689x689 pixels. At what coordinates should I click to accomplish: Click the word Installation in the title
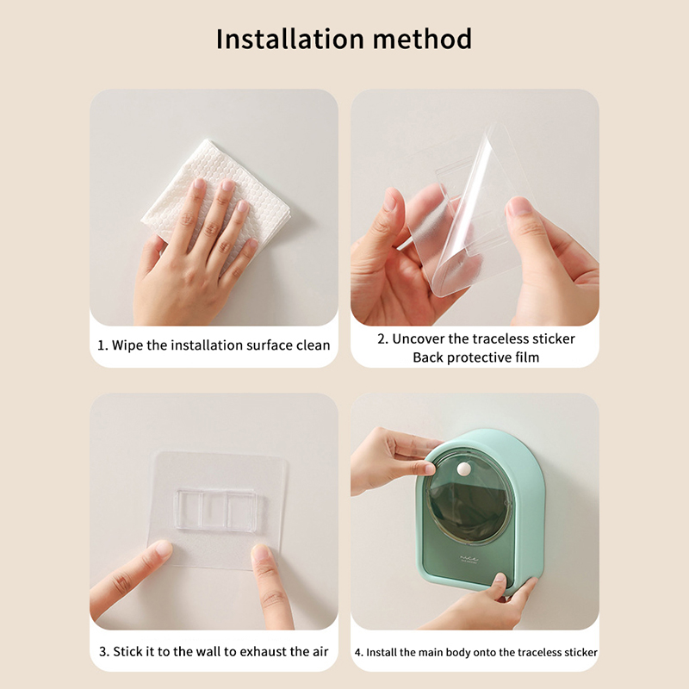click(290, 39)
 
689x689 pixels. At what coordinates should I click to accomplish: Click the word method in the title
click(422, 39)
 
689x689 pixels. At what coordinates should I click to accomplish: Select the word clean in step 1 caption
click(313, 345)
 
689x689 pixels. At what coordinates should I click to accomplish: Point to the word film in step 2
click(527, 357)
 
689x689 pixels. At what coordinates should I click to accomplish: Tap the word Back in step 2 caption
click(428, 357)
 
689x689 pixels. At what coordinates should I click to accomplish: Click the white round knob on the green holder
click(463, 469)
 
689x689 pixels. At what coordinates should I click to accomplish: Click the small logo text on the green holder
click(469, 559)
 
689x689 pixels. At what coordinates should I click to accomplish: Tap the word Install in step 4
click(381, 653)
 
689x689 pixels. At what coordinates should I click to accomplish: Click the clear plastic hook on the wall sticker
click(216, 509)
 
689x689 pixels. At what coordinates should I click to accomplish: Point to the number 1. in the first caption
click(102, 345)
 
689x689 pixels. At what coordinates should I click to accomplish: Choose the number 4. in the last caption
click(359, 653)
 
